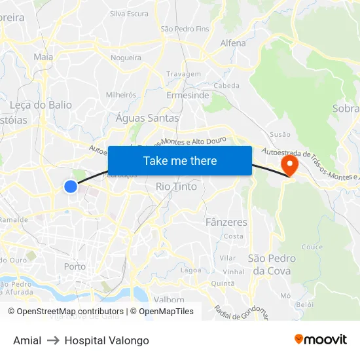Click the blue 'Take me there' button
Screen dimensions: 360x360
(x=180, y=160)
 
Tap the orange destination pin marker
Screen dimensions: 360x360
(x=289, y=164)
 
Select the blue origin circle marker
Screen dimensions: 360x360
(x=71, y=187)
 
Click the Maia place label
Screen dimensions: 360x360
(x=43, y=57)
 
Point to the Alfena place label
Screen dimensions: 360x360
(x=233, y=43)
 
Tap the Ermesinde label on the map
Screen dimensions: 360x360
(x=188, y=96)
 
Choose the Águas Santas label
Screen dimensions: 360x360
(x=147, y=118)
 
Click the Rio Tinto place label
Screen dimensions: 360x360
(x=176, y=187)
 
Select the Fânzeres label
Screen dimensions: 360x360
(x=226, y=223)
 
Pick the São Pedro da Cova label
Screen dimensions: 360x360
(x=272, y=264)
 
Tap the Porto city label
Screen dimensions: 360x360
(x=75, y=266)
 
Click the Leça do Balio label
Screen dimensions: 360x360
(x=41, y=105)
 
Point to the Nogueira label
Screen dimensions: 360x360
(x=126, y=58)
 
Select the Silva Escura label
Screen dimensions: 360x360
(x=129, y=13)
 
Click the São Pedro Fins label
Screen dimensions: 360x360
(x=185, y=29)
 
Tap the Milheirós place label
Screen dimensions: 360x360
(x=121, y=95)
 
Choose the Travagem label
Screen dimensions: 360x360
(x=184, y=74)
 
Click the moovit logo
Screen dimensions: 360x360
(x=320, y=340)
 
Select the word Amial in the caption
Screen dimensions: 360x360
(x=27, y=340)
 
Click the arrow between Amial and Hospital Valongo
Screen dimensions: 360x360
(x=53, y=340)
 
